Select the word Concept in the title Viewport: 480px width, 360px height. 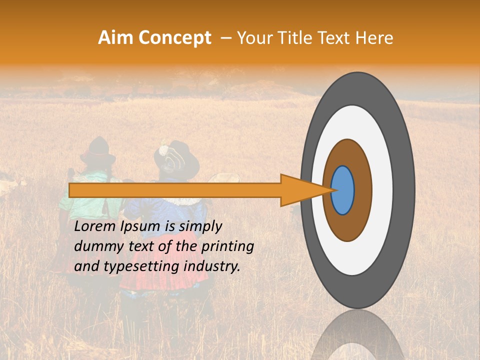point(174,38)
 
